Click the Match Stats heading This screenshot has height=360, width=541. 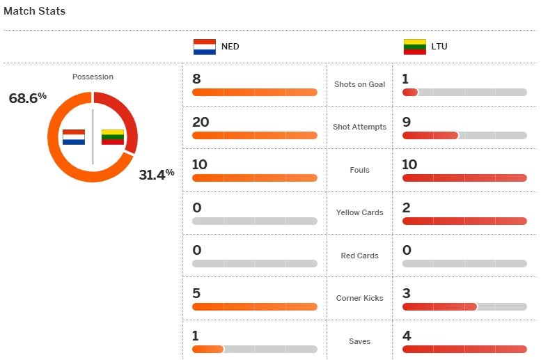35,11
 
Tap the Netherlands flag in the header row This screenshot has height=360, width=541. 205,47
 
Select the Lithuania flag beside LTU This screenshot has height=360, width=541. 415,47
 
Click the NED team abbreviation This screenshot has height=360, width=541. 230,47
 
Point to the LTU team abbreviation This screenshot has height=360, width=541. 439,47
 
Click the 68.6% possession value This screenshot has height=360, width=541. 27,98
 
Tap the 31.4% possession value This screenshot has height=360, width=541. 156,174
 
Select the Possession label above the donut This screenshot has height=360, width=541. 93,77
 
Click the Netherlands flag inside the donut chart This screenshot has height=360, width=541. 73,136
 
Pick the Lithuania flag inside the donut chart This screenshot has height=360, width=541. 113,136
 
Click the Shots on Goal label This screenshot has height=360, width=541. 359,84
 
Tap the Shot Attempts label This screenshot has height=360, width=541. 359,127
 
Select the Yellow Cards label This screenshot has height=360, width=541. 359,212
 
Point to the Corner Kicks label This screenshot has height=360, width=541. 359,298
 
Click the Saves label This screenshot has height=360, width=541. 359,341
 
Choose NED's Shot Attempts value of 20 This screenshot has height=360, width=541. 201,122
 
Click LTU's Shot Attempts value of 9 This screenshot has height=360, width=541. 407,122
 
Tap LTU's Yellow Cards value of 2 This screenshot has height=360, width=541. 407,208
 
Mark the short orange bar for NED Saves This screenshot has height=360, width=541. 207,350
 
